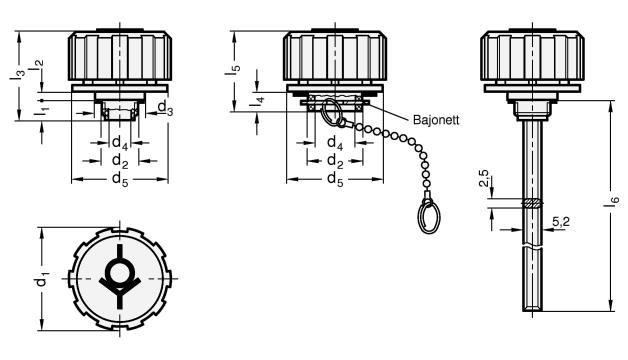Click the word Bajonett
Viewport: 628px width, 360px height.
pos(436,120)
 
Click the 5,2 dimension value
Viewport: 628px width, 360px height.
pos(561,221)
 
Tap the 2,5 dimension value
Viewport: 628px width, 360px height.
pos(484,178)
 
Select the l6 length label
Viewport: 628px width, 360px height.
pos(615,201)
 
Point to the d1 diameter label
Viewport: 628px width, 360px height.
pos(42,279)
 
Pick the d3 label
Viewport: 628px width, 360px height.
pos(165,108)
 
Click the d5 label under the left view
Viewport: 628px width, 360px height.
pos(120,179)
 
